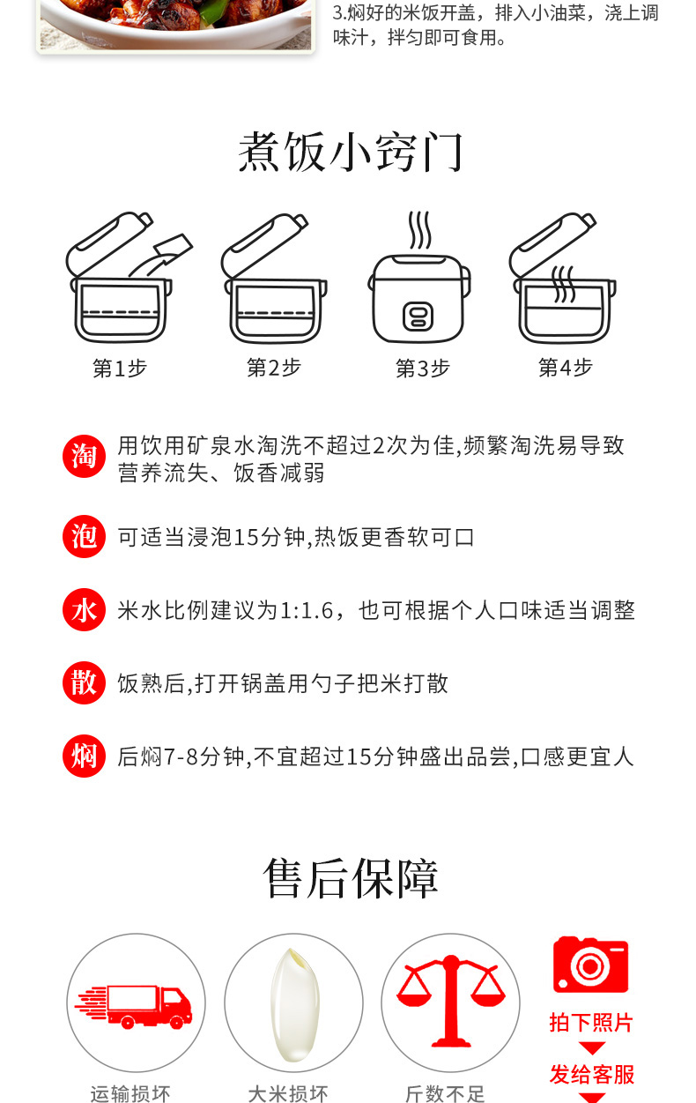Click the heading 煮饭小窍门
coord(351,153)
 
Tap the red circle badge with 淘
coord(84,456)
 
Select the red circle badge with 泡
coord(84,536)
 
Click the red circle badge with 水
coord(84,609)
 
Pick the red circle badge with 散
coord(84,682)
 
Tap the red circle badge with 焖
coord(84,756)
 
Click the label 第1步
coord(120,368)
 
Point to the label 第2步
coord(274,368)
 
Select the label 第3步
coord(423,368)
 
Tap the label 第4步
coord(566,368)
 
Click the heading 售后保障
coord(351,878)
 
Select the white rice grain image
coord(295,1004)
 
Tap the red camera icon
coord(591,965)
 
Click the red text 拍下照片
coord(591,1023)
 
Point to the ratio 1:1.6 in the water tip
coord(307,611)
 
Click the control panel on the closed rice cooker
coord(418,317)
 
